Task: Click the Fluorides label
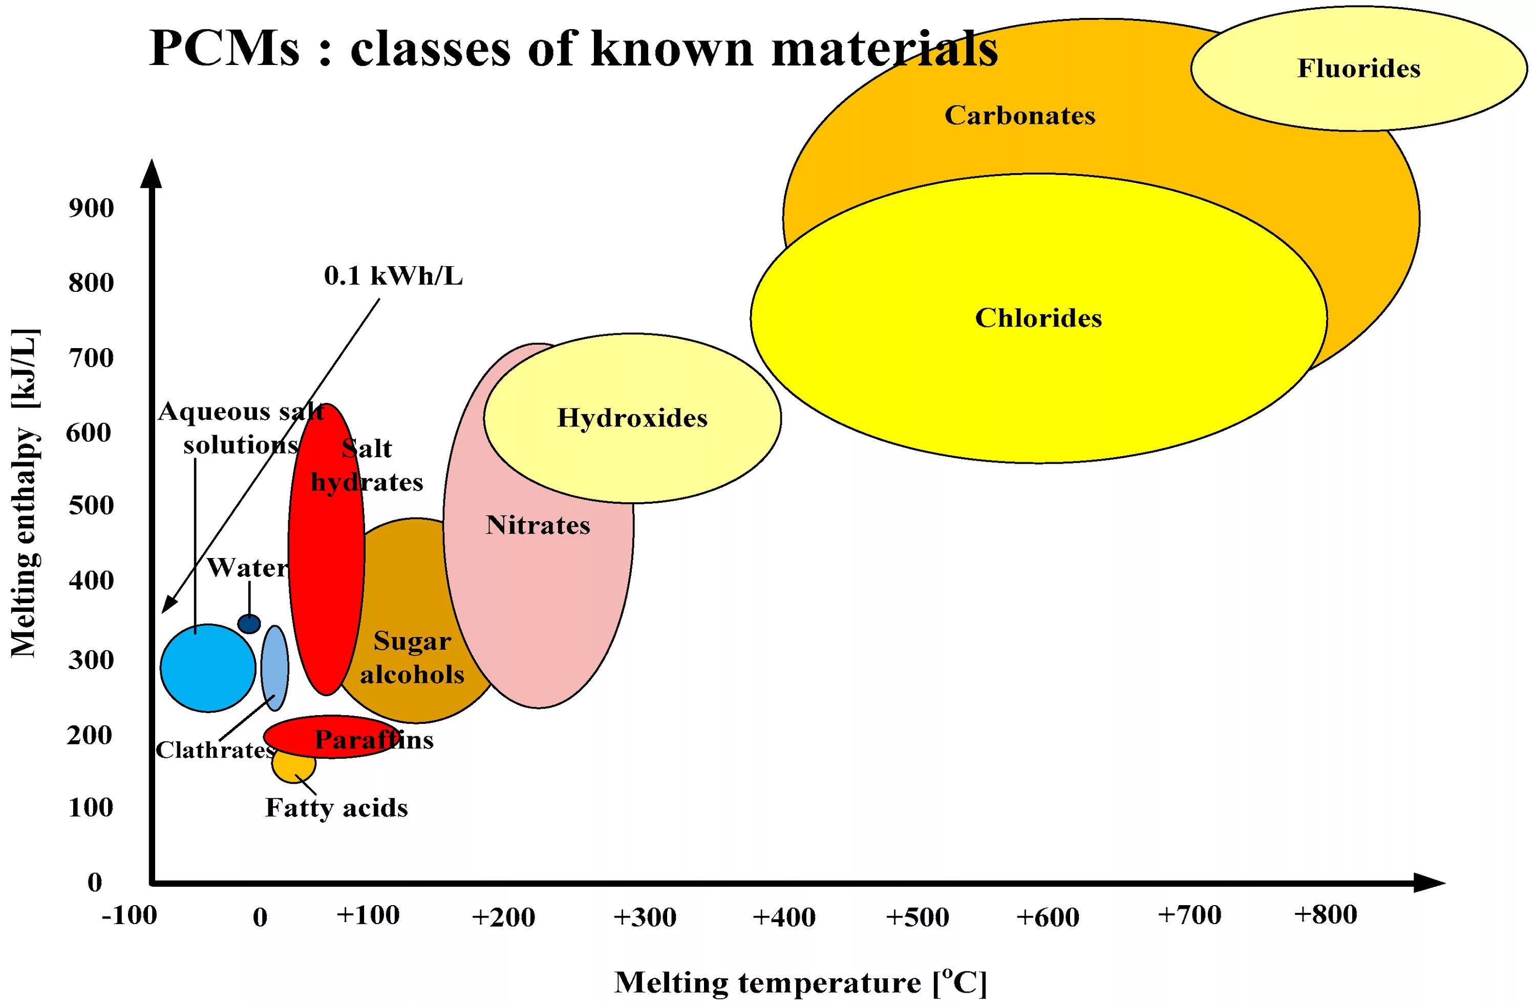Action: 1358,69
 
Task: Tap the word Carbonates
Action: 1020,116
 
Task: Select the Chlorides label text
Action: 1038,318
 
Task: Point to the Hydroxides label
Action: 632,418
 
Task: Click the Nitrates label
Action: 538,525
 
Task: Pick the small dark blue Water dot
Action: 249,624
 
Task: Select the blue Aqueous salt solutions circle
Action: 208,669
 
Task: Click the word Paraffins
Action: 374,739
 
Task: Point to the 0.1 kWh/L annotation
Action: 393,276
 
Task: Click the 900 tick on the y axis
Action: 91,208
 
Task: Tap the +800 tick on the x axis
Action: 1325,914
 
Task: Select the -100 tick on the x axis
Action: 129,915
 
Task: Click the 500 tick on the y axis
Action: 91,505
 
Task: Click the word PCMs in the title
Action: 225,49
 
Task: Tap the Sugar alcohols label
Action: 412,657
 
